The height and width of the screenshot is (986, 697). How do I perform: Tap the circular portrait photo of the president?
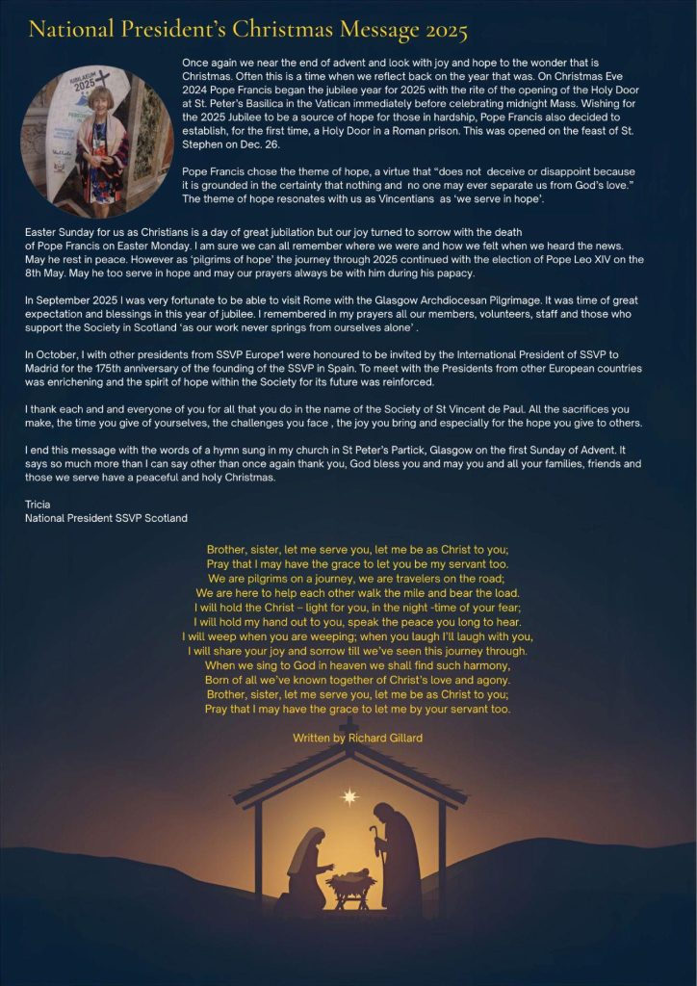(x=97, y=142)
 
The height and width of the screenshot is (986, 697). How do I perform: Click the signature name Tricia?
(x=39, y=503)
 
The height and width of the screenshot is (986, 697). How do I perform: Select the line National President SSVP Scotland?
(x=107, y=518)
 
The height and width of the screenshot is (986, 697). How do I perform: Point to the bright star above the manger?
(x=349, y=796)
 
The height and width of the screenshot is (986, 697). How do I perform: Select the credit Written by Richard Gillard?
(x=357, y=738)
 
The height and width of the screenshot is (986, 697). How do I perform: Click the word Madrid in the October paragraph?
(x=47, y=367)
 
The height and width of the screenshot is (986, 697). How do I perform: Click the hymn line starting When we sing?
(x=357, y=665)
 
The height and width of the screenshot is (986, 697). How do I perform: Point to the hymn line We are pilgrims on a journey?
(x=357, y=579)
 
